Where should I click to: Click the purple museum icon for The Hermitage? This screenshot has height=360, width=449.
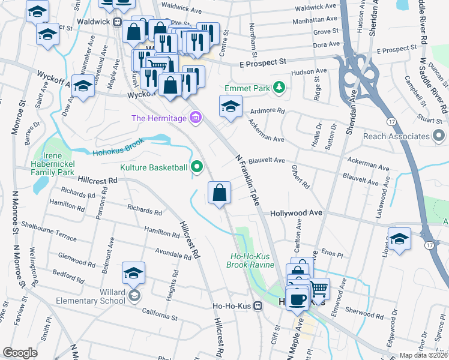[x=194, y=118]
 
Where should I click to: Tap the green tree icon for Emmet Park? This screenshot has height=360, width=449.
[x=278, y=88]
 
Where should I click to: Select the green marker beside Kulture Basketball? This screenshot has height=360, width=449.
[x=197, y=167]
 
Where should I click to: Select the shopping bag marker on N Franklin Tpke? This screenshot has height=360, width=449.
[x=220, y=193]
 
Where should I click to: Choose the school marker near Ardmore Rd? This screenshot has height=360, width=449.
[x=231, y=106]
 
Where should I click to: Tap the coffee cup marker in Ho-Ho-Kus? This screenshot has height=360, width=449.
[x=297, y=299]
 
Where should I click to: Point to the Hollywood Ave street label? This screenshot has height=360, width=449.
[x=296, y=213]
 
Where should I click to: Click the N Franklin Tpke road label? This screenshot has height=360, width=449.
[x=247, y=181]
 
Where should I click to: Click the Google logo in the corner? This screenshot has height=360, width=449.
[x=20, y=353]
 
